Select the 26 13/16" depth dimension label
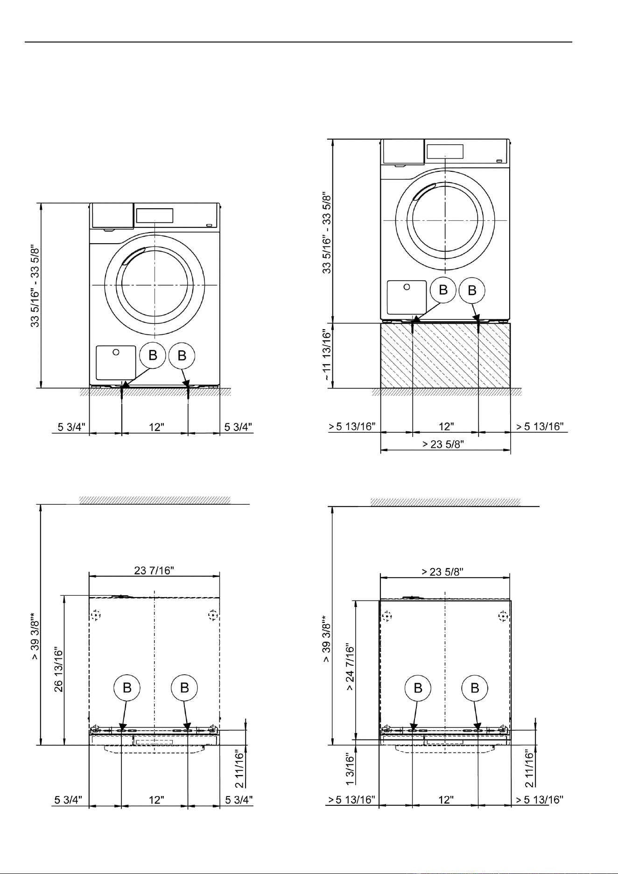[60, 670]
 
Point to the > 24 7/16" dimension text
[351, 670]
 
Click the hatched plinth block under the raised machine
[445, 355]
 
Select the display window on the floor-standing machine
[154, 215]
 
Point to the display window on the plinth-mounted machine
[445, 151]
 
